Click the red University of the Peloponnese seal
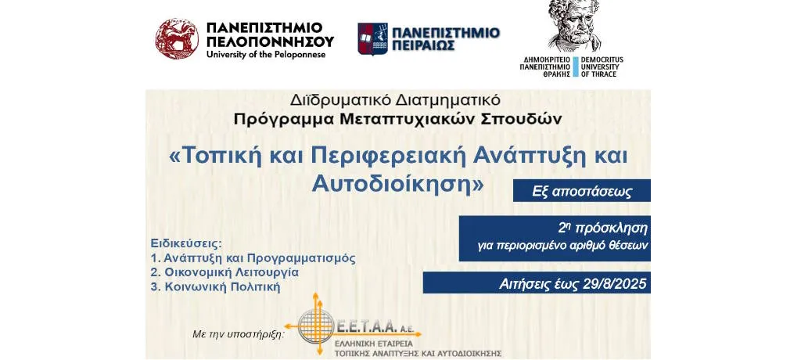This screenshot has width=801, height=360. tap(178, 39)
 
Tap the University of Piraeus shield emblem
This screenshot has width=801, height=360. tap(372, 39)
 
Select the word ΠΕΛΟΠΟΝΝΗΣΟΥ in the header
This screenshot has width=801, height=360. tap(270, 41)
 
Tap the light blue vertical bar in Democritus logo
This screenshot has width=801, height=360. tap(576, 67)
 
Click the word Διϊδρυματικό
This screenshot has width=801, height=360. tap(332, 98)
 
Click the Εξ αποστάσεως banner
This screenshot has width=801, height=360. tap(582, 191)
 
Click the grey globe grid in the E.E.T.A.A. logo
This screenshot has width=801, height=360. tap(316, 326)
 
